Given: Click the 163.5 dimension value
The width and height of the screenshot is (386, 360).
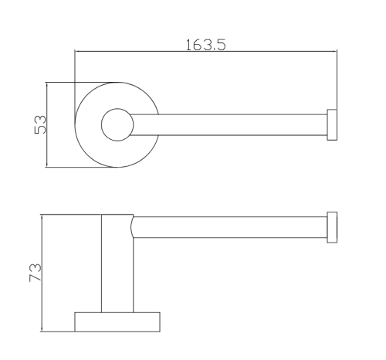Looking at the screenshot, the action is (205, 45).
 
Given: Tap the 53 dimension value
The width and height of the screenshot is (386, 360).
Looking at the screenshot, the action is (40, 124).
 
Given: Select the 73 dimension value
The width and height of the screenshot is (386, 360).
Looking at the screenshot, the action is (36, 273).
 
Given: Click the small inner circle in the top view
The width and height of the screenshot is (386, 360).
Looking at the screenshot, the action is (117, 109).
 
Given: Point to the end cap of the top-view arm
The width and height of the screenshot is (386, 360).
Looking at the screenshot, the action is (332, 125).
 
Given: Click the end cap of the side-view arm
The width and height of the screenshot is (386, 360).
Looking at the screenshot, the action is (332, 227).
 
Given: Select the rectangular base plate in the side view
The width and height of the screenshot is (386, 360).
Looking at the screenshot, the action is (117, 322).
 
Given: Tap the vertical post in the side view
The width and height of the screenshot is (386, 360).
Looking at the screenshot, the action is (117, 263).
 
